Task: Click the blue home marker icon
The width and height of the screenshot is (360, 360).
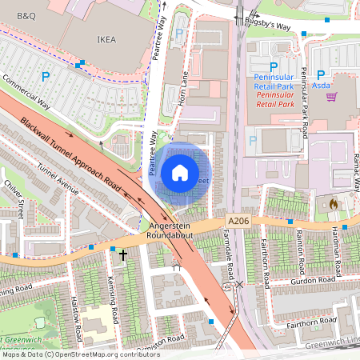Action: tap(180, 172)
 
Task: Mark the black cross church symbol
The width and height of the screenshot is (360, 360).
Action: tap(123, 255)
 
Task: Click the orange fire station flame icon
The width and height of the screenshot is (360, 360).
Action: tap(334, 204)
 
